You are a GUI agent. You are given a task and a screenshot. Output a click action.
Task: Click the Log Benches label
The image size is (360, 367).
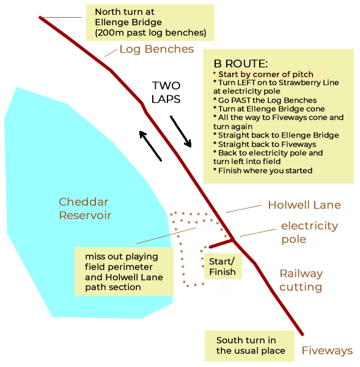[x=156, y=50]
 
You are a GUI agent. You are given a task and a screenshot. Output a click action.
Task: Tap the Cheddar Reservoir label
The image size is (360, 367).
[x=85, y=209]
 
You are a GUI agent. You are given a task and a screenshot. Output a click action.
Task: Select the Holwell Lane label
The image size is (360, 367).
[x=304, y=205]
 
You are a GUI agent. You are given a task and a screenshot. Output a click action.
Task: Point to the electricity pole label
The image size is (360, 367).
[x=309, y=232]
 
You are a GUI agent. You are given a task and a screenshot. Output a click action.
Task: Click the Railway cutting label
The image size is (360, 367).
[x=301, y=280]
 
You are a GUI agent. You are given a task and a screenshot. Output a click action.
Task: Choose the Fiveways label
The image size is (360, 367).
[x=327, y=350]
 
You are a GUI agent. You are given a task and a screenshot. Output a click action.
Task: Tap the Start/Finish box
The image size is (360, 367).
[x=222, y=266]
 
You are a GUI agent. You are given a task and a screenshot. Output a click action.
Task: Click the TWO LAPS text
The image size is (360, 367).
[x=166, y=92]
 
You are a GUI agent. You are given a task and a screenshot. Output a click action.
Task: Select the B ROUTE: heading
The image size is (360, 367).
[x=241, y=64]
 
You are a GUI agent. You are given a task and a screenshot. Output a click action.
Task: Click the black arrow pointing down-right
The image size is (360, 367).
[x=180, y=132]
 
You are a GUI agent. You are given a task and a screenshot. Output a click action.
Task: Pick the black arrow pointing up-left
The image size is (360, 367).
[x=150, y=146]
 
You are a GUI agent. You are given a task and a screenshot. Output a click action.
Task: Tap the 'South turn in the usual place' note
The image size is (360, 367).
[x=249, y=346]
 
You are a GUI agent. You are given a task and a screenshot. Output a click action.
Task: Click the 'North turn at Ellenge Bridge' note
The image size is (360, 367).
[x=150, y=23]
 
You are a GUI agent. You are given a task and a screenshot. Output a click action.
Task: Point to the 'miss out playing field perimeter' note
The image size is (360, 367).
[x=124, y=272]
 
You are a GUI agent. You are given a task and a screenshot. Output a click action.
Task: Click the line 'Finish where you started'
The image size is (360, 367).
[x=263, y=171]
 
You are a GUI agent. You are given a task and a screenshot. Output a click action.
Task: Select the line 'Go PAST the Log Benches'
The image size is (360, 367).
[x=265, y=100]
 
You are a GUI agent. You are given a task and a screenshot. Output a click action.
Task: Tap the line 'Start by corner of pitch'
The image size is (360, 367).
[x=263, y=75]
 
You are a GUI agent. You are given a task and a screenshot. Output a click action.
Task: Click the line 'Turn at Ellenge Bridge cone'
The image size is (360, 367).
[x=269, y=109]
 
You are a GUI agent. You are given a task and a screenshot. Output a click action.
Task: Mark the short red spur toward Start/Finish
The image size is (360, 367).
[x=221, y=243]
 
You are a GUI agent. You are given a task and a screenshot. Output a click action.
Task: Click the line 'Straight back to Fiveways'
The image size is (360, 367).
[x=265, y=144]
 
